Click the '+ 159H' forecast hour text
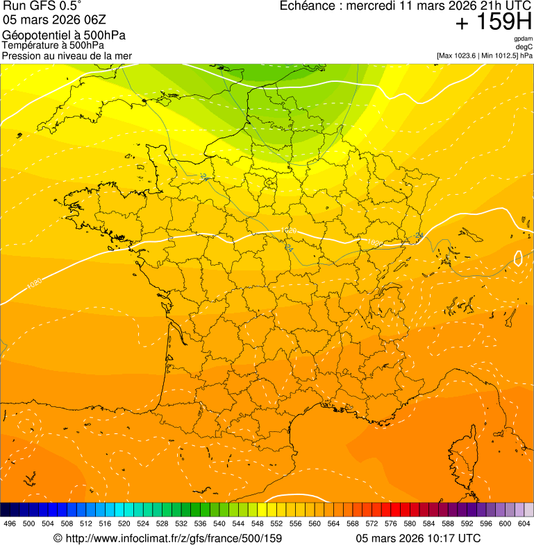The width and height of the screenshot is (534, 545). [x=494, y=24]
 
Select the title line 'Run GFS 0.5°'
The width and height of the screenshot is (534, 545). [x=42, y=6]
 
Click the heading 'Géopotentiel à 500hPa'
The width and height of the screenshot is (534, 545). [x=65, y=35]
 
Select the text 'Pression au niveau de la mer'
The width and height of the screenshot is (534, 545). [x=67, y=55]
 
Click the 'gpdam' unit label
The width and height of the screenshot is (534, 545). [x=523, y=39]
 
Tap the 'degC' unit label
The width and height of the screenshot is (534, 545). [x=524, y=47]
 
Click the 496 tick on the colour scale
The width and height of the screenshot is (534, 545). [x=10, y=524]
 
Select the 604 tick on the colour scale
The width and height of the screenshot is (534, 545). [x=524, y=524]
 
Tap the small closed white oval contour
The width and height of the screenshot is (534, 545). [x=517, y=259]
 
